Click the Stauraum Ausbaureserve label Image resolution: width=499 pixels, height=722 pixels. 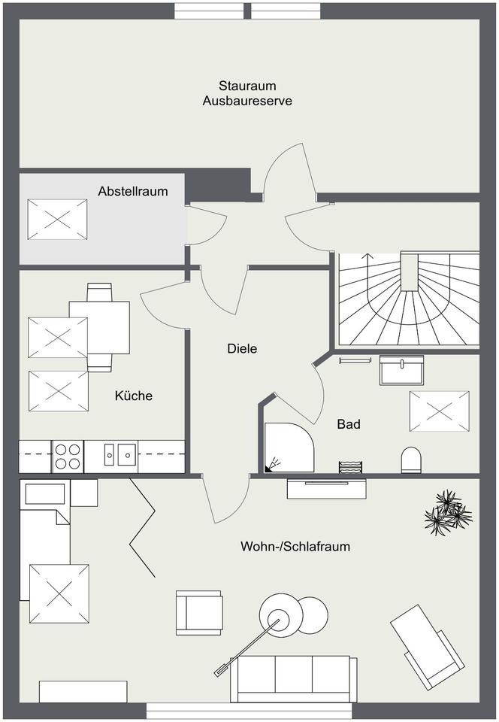click(x=247, y=93)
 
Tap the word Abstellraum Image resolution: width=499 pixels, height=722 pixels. click(x=133, y=191)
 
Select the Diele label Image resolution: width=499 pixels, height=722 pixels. click(x=242, y=348)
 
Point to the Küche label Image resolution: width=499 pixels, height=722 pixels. click(x=134, y=395)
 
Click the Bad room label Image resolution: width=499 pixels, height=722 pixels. click(x=349, y=424)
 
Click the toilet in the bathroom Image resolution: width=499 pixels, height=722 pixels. click(x=411, y=460)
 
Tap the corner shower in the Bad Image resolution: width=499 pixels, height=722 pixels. click(x=286, y=446)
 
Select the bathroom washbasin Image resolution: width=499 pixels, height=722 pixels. click(x=403, y=370)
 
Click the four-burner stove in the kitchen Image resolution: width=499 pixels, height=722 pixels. click(x=67, y=456)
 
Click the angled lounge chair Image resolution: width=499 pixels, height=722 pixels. click(x=426, y=645)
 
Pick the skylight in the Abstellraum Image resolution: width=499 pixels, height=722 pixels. click(x=57, y=219)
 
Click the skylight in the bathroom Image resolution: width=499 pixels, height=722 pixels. click(x=439, y=411)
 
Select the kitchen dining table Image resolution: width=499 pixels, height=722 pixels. click(x=99, y=327)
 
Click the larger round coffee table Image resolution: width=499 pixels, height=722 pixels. click(x=280, y=613)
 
